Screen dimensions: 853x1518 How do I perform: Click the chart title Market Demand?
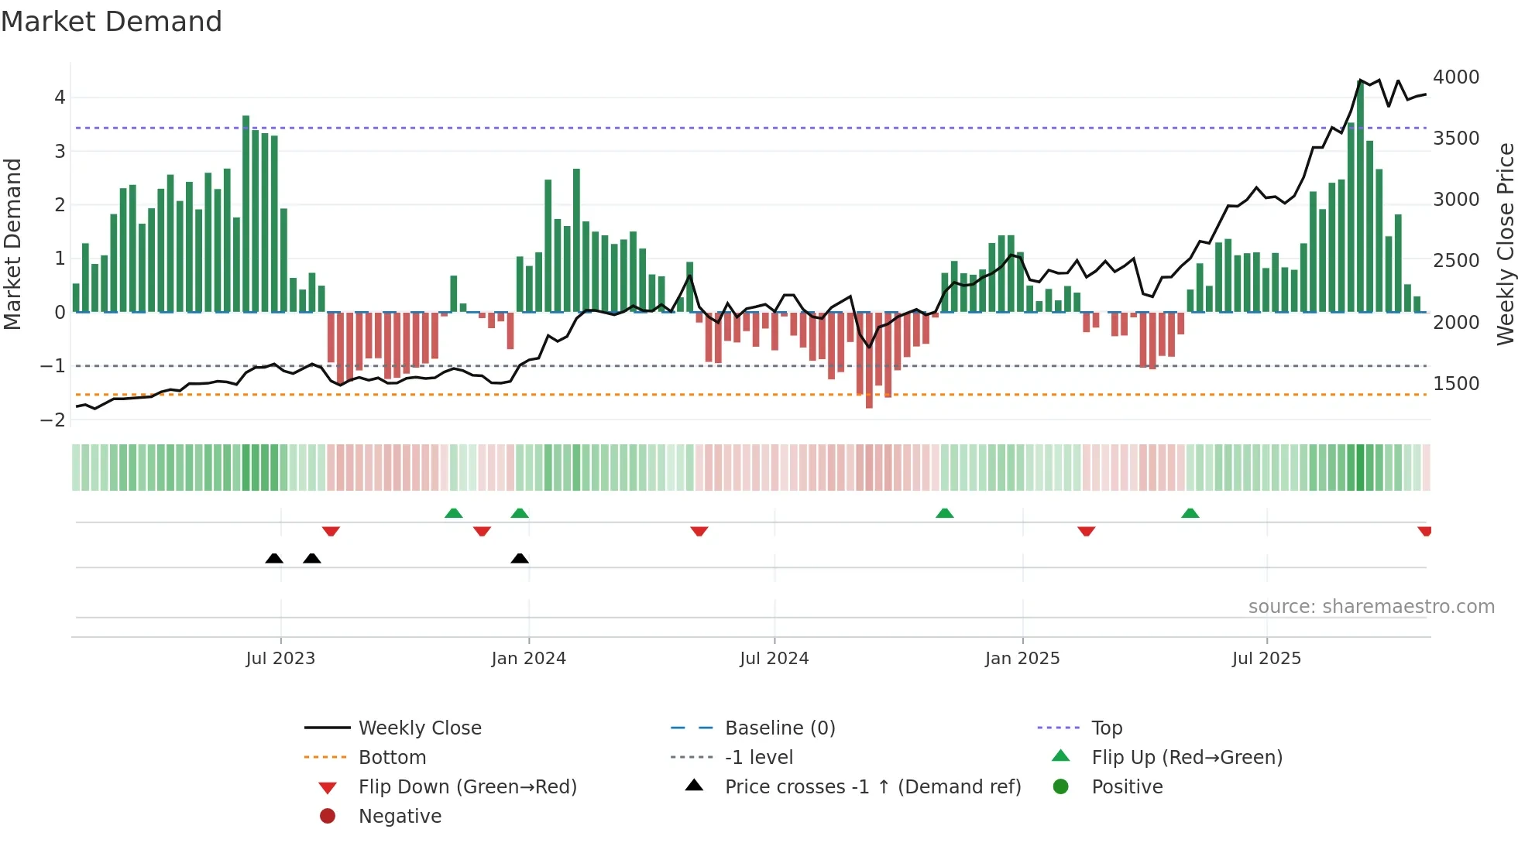112,22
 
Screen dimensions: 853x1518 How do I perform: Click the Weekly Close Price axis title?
1505,244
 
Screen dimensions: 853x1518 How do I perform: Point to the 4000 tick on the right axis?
1456,77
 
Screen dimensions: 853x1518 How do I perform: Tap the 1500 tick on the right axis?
1456,384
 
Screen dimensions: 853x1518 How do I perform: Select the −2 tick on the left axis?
53,420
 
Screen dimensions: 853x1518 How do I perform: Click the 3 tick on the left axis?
60,152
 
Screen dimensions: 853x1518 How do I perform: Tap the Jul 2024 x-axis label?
774,659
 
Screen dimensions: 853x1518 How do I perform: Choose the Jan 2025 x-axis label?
1022,659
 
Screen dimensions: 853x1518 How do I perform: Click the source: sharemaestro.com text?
1371,607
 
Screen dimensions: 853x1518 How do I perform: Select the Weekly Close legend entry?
419,728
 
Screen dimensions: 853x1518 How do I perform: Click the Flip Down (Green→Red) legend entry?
467,787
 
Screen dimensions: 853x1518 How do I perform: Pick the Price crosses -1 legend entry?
873,787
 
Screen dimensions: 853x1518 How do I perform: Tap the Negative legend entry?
400,817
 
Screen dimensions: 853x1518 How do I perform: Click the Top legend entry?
1107,728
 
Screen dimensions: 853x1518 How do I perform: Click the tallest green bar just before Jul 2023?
246,214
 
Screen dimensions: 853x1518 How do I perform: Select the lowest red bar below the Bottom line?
869,360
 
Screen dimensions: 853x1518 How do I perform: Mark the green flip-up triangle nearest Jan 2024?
520,513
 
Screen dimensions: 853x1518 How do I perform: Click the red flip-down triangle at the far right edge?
1424,531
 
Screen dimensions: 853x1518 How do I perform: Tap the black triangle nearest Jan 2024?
520,558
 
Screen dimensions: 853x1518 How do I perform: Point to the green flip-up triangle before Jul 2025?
1190,513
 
